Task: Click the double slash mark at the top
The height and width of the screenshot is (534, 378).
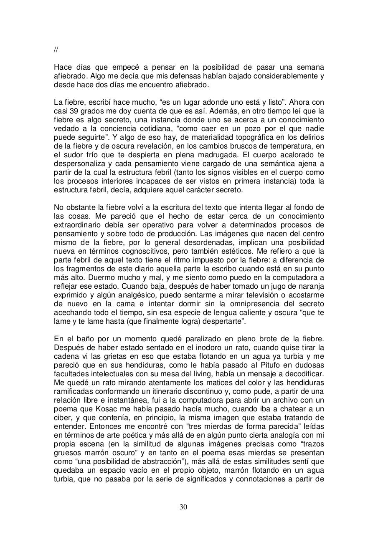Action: point(56,50)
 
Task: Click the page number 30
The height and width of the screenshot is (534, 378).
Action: point(183,507)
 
